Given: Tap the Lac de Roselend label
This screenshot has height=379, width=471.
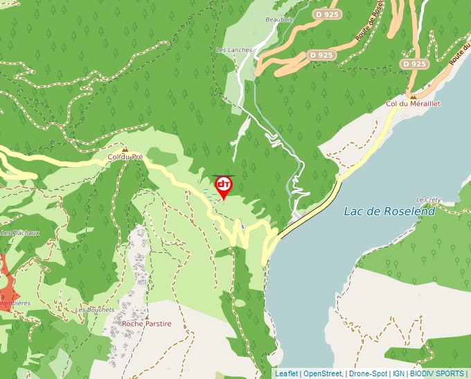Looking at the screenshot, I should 389,211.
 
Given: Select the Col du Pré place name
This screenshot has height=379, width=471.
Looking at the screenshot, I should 125,157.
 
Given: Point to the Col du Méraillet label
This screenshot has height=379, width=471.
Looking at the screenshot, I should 413,104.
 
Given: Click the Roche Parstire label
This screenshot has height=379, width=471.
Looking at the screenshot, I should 146,324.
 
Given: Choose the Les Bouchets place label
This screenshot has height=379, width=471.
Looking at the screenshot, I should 95,310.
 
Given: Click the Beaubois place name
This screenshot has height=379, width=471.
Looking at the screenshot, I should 280,20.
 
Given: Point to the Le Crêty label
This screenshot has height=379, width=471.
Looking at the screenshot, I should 429,200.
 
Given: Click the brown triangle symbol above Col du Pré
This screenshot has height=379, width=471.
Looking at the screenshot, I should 125,149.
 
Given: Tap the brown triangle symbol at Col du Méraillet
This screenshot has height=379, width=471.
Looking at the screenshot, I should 413,96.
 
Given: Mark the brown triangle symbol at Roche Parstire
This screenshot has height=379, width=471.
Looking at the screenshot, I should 146,315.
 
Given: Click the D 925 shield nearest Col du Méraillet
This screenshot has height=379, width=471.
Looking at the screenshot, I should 414,64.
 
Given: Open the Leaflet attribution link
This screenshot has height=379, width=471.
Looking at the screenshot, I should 287,373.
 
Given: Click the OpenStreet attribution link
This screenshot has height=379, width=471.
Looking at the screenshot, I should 323,373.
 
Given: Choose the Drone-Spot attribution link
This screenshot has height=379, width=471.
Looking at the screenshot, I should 368,373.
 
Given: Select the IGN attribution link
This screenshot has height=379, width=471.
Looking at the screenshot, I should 398,373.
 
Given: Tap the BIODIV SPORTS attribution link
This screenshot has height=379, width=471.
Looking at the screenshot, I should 437,373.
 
